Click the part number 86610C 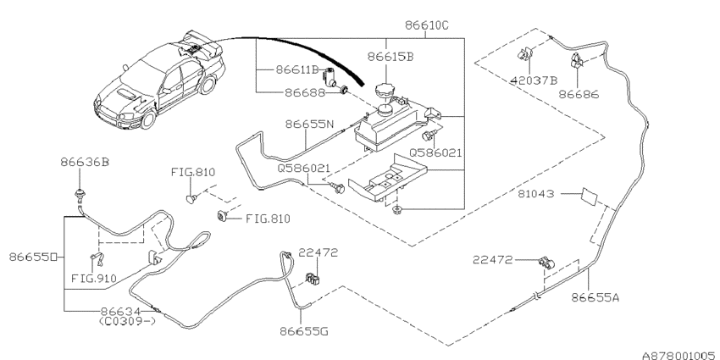point(427,25)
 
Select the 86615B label point(390,57)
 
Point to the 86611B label point(297,69)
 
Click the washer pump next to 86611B point(330,77)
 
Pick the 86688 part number point(305,93)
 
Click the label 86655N point(309,124)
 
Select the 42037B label point(534,80)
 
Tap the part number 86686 point(579,95)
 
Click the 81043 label point(536,194)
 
